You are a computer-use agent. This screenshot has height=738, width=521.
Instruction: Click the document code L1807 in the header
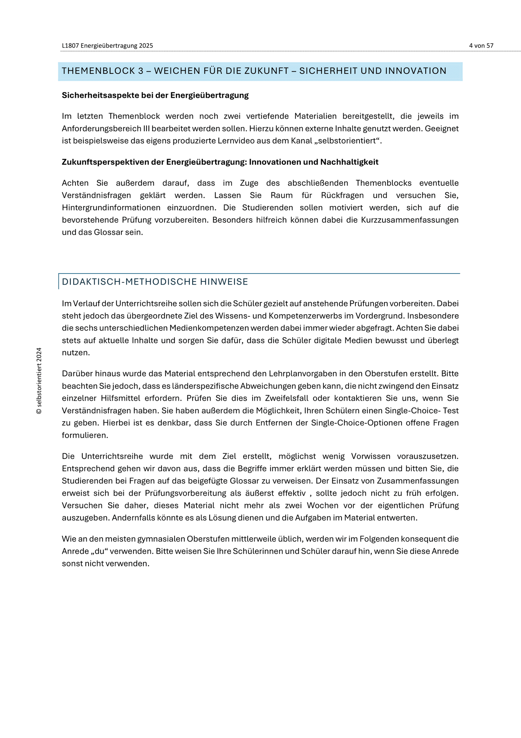(70, 45)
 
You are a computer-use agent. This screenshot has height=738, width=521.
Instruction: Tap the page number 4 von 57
(481, 45)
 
